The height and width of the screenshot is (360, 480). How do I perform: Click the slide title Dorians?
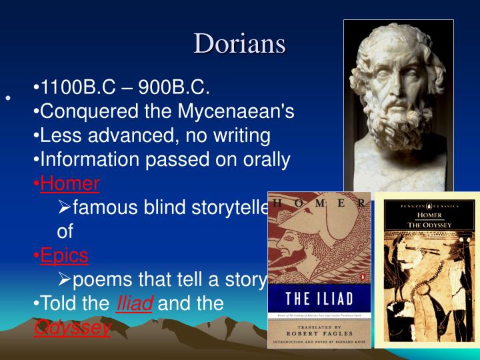pyautogui.click(x=239, y=43)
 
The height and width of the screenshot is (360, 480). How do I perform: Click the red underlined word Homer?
pyautogui.click(x=70, y=183)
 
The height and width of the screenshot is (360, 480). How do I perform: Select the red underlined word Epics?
pyautogui.click(x=64, y=255)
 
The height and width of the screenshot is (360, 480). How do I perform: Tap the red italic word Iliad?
pyautogui.click(x=135, y=304)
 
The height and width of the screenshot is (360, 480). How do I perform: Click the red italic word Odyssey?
pyautogui.click(x=72, y=328)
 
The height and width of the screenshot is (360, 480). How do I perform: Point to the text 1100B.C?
pyautogui.click(x=77, y=87)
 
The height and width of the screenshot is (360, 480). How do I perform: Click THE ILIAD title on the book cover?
pyautogui.click(x=318, y=297)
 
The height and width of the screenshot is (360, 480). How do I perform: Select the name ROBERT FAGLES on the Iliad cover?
pyautogui.click(x=319, y=335)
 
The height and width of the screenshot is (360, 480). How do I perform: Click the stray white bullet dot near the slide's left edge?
pyautogui.click(x=8, y=99)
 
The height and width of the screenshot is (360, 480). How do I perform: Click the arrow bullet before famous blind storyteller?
pyautogui.click(x=65, y=208)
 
